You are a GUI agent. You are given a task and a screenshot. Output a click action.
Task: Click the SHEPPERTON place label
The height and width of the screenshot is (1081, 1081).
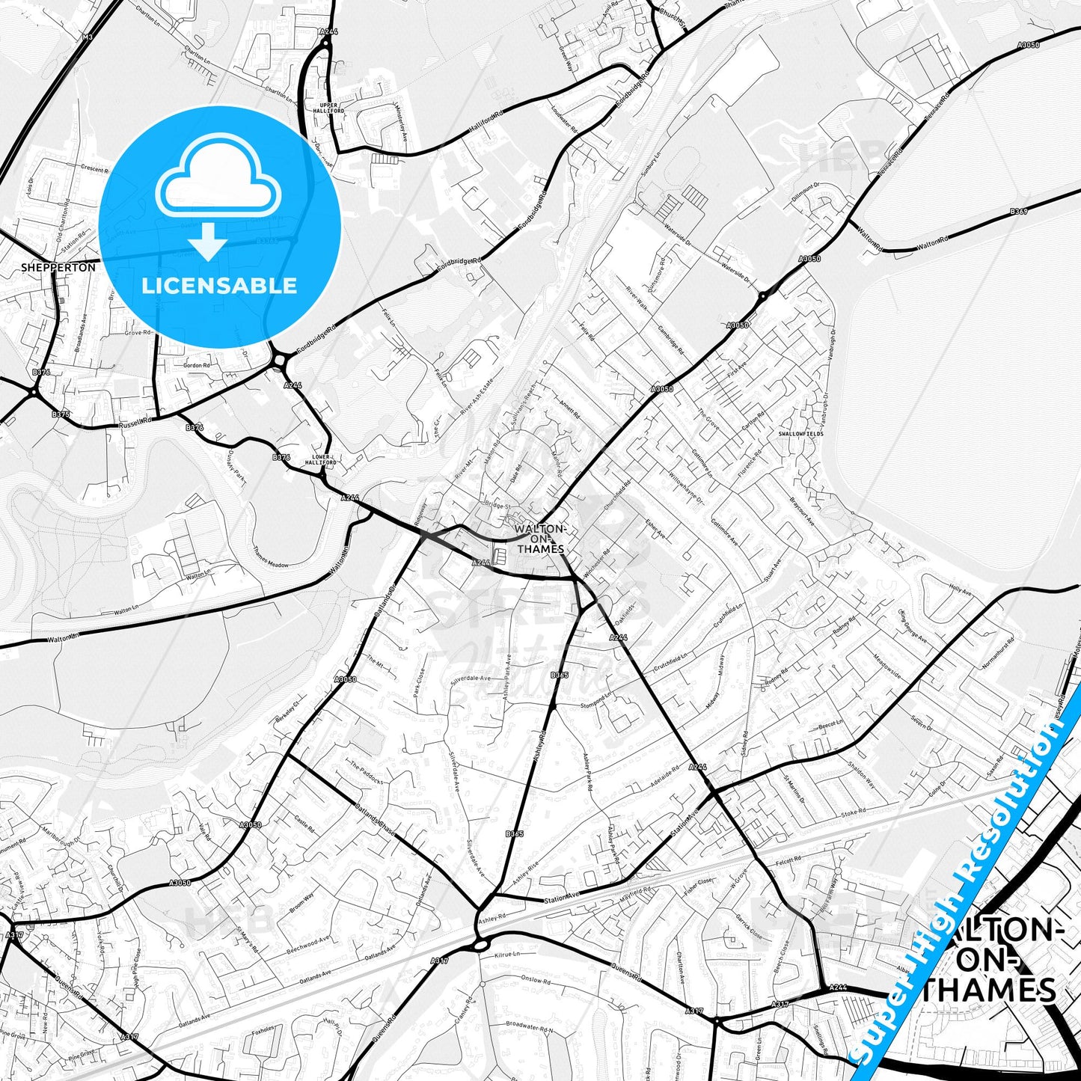click(58, 267)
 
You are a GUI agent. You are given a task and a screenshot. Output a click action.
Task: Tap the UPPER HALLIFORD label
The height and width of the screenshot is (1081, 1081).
click(328, 108)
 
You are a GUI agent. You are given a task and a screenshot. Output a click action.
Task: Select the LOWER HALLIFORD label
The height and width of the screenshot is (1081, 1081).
click(320, 459)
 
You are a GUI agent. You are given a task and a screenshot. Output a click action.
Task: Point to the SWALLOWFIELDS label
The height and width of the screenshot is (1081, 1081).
click(800, 433)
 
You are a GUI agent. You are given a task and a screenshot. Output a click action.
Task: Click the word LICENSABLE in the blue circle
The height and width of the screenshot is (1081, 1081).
click(219, 286)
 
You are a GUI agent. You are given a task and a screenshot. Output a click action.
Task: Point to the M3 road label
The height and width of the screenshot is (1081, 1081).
click(88, 37)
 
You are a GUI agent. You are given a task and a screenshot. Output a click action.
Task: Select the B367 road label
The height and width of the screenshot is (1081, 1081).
click(1019, 212)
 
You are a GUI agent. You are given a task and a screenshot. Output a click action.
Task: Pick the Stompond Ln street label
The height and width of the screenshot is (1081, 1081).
click(596, 704)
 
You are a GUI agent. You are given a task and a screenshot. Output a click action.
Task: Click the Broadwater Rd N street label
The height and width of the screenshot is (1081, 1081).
click(529, 1025)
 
